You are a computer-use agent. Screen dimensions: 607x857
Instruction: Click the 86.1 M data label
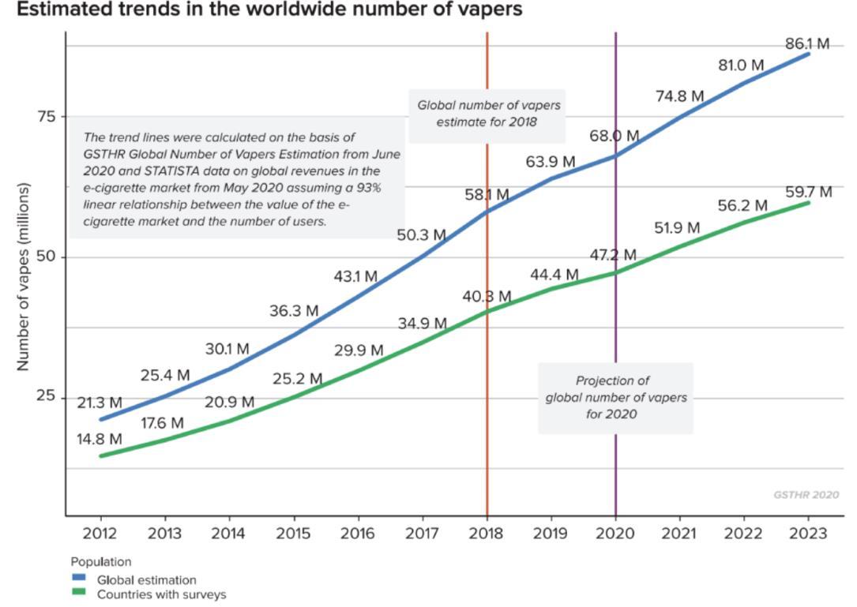[806, 44]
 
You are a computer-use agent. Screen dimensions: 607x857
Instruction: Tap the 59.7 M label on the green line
[809, 193]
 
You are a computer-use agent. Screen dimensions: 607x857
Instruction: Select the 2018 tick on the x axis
[487, 534]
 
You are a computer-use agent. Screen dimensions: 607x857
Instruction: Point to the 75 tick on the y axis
[47, 117]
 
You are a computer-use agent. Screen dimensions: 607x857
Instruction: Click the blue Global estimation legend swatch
[78, 579]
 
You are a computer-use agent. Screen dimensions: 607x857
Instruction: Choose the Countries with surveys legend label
[161, 594]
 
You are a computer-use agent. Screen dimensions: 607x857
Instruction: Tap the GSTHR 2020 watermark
[806, 495]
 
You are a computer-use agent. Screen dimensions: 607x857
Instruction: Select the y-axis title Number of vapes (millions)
[23, 276]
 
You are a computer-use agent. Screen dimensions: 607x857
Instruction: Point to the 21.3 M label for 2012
[100, 403]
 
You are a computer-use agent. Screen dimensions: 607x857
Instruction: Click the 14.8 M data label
[100, 439]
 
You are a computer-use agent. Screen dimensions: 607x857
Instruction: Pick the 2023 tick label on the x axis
[808, 534]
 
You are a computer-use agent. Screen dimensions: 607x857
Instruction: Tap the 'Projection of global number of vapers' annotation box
[615, 397]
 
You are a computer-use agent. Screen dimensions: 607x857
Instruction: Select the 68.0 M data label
[614, 137]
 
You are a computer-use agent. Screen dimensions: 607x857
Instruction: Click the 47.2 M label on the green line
[613, 255]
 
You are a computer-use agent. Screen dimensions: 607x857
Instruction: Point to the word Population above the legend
[101, 562]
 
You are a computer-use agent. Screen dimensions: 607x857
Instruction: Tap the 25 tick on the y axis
[47, 397]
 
